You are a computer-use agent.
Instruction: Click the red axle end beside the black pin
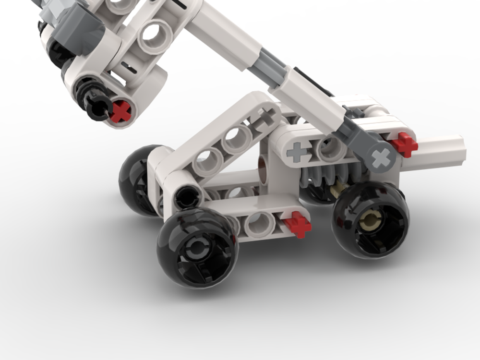[x=120, y=111]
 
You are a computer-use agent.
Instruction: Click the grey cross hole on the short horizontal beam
[x=297, y=153]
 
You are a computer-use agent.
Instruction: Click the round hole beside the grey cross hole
[x=331, y=149]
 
